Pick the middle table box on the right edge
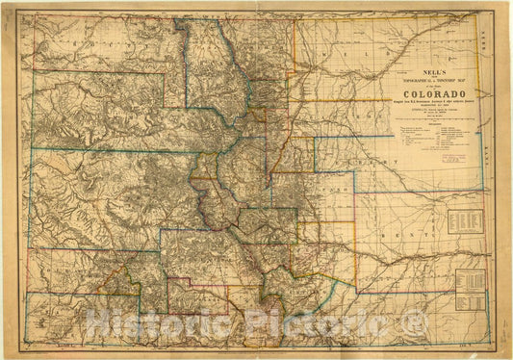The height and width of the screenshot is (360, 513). point(468,282)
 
